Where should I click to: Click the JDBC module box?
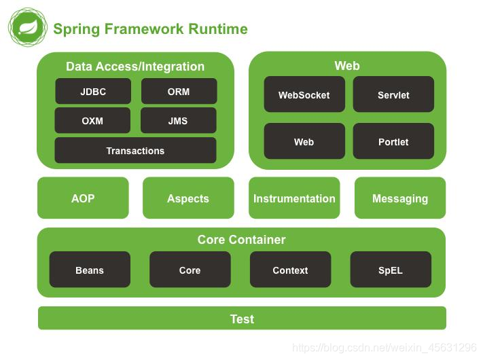(x=93, y=91)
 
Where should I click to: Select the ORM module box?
(x=179, y=91)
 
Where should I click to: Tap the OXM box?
(x=92, y=120)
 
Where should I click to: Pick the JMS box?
(x=179, y=120)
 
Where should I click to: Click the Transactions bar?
(x=136, y=150)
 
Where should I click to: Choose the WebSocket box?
(x=304, y=94)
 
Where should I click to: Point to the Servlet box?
(x=393, y=94)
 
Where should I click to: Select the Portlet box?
(x=393, y=141)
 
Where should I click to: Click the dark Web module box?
(x=304, y=141)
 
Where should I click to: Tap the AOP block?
(x=83, y=198)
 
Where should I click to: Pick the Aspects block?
(x=188, y=198)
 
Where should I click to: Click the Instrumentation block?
(x=294, y=198)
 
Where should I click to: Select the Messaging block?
(x=400, y=198)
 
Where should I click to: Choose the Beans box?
(x=90, y=270)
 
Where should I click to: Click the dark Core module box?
(x=190, y=270)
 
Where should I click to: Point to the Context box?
(x=291, y=270)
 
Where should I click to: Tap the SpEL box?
(x=391, y=270)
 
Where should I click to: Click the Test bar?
(x=242, y=318)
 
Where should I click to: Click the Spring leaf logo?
(x=28, y=27)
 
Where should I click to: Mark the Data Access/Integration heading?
(x=135, y=67)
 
